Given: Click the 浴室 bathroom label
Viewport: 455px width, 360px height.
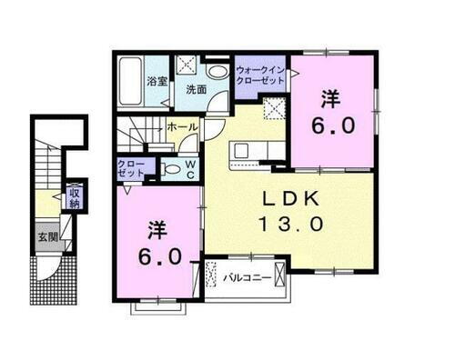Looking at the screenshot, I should (157, 81).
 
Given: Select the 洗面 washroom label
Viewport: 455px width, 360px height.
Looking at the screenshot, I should (197, 89).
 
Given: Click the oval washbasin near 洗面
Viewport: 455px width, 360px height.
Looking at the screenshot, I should (217, 72).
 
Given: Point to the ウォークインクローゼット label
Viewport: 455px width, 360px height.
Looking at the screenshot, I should (260, 75).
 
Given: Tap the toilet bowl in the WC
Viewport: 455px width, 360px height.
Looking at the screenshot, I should (171, 168).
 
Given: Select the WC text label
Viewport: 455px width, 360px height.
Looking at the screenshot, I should (190, 168).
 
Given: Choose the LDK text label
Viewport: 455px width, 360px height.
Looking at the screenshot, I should (290, 200).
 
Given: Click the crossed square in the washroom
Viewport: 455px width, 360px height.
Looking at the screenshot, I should (187, 65).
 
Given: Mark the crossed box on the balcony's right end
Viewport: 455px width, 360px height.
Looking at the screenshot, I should (280, 275).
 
